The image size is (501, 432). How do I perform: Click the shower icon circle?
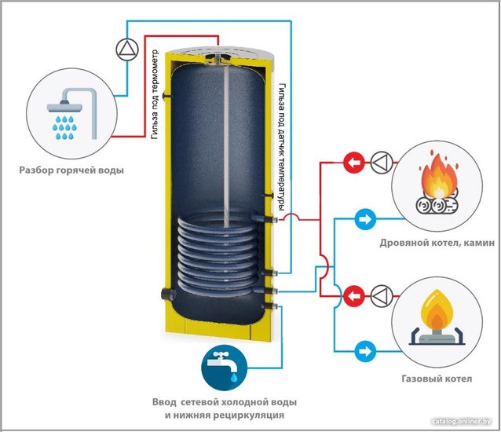[x=71, y=113]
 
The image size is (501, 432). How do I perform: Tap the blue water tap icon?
[x=224, y=368]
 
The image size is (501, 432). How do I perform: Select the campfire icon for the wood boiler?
[x=437, y=186]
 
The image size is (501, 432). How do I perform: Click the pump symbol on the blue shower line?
[x=127, y=49]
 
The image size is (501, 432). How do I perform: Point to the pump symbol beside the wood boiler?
[x=382, y=163]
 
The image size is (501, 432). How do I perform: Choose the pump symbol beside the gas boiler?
[x=382, y=296]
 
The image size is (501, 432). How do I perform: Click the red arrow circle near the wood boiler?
[x=354, y=163]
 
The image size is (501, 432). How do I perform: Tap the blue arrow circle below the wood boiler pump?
[x=365, y=219]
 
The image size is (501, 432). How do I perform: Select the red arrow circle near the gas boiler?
[x=354, y=296]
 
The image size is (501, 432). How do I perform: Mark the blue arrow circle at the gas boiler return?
[x=365, y=351]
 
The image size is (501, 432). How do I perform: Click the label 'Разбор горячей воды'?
[x=71, y=170]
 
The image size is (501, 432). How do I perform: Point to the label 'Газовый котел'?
[x=437, y=379]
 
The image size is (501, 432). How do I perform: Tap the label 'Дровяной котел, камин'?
[x=437, y=243]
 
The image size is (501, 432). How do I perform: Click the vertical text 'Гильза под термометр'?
[x=155, y=94]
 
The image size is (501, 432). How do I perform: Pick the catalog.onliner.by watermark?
[x=461, y=422]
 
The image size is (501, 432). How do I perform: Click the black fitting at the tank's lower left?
[x=168, y=293]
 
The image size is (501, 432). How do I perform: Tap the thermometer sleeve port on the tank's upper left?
[x=167, y=95]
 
